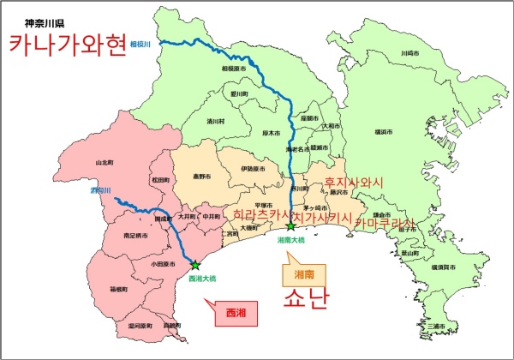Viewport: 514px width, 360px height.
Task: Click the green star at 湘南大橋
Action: (290, 227)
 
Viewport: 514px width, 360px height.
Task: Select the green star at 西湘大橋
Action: (194, 266)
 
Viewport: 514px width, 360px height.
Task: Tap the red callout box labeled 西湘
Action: (235, 312)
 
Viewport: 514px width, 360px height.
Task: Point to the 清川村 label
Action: (215, 122)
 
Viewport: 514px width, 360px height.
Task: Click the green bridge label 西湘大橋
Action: (201, 279)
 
